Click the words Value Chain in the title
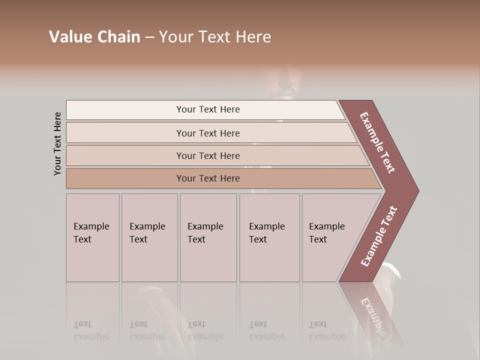pyautogui.click(x=94, y=36)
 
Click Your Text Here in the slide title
pyautogui.click(x=215, y=36)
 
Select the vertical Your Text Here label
pyautogui.click(x=57, y=143)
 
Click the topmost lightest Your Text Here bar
pyautogui.click(x=207, y=109)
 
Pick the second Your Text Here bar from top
pyautogui.click(x=207, y=133)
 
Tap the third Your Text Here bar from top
pyautogui.click(x=207, y=155)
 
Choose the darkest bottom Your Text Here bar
pyautogui.click(x=207, y=178)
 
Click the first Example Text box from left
pyautogui.click(x=92, y=237)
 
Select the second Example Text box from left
pyautogui.click(x=149, y=237)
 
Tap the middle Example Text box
pyautogui.click(x=207, y=237)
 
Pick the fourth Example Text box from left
pyautogui.click(x=269, y=237)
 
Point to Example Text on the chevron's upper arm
pyautogui.click(x=377, y=142)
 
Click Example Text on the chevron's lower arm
pyautogui.click(x=378, y=236)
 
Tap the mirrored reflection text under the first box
pyautogui.click(x=91, y=330)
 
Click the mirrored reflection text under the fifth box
pyautogui.click(x=327, y=330)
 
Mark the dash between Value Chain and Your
pyautogui.click(x=149, y=37)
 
